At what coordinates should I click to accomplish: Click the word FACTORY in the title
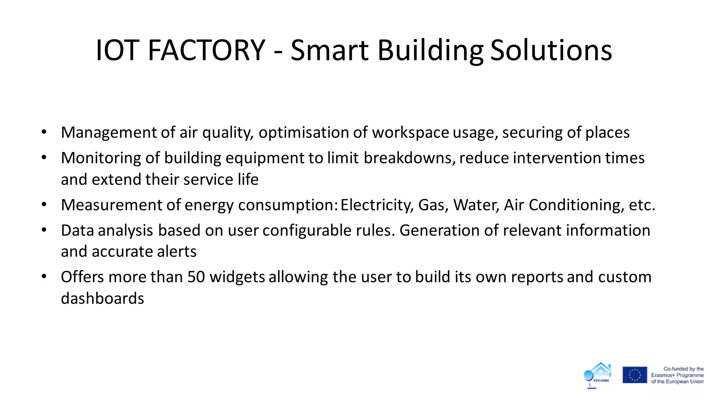[206, 50]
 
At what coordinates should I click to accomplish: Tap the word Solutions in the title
[551, 50]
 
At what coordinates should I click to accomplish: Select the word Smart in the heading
[329, 50]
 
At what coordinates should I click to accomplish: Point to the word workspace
[410, 133]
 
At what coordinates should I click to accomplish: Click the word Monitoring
[101, 158]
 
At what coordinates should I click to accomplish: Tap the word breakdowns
[410, 158]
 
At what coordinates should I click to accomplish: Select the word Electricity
[377, 205]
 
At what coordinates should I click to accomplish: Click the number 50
[196, 277]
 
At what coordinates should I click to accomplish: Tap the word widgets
[237, 277]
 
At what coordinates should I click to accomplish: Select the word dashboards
[102, 298]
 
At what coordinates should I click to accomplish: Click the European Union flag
[635, 375]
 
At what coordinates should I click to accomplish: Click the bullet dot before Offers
[44, 276]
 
